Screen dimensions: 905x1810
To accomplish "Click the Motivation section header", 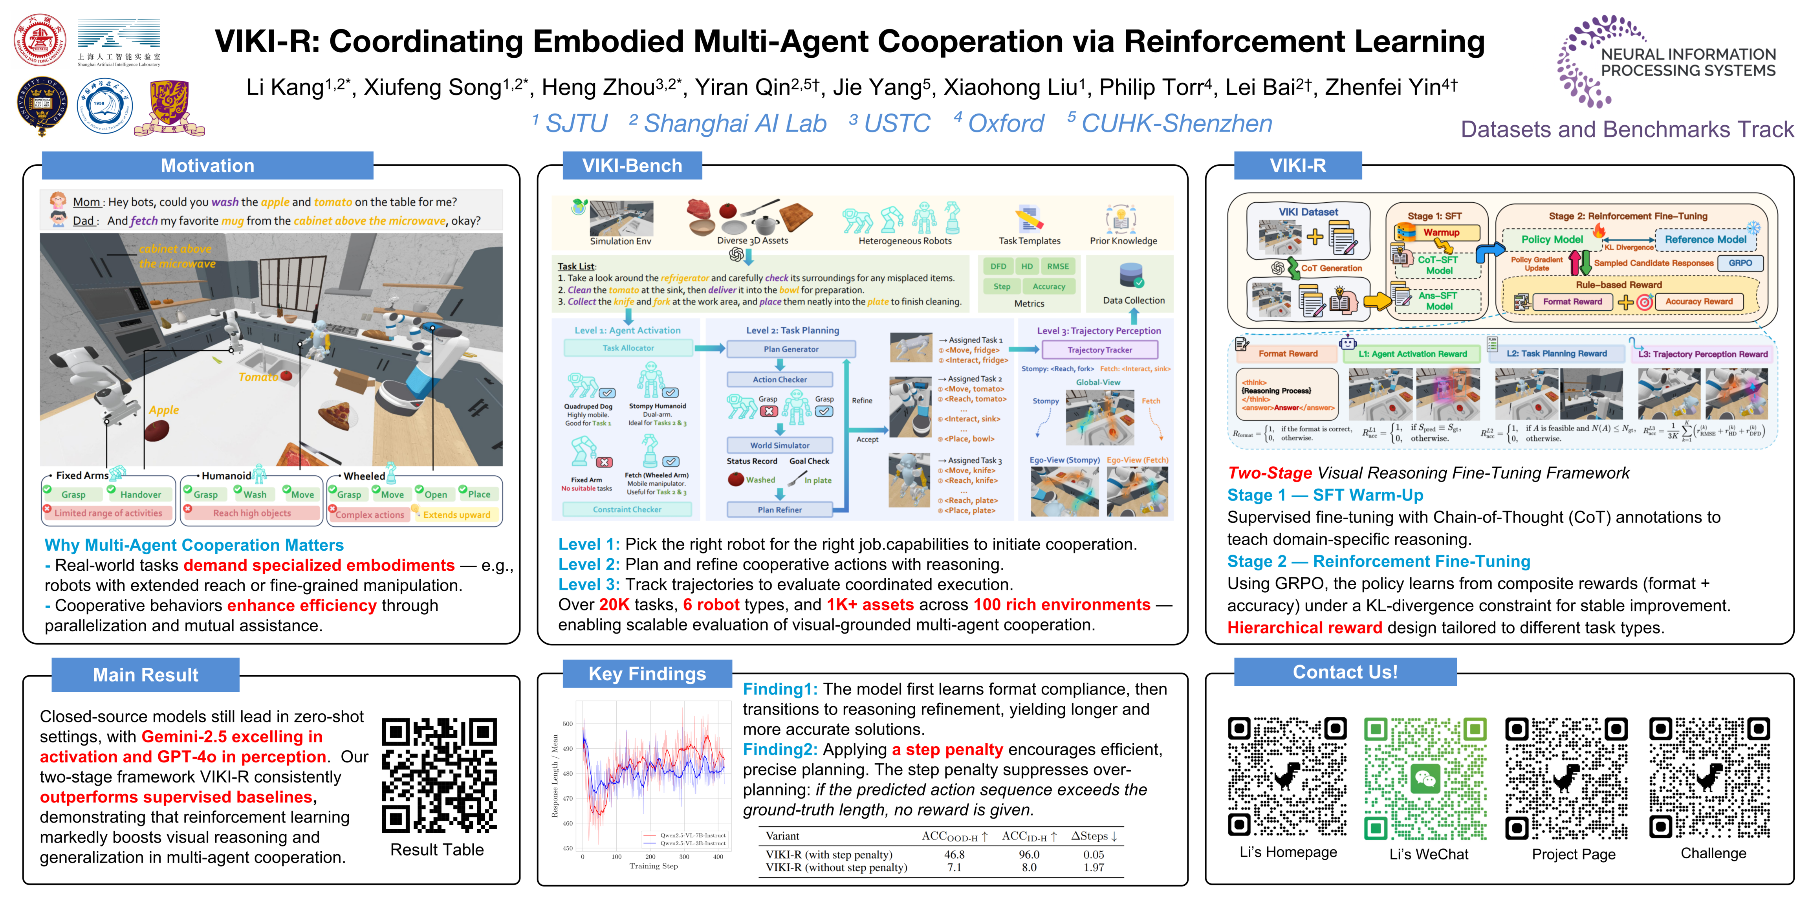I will [x=207, y=166].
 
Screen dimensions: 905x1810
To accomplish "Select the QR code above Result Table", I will [x=439, y=775].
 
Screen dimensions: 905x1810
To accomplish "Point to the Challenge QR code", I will [x=1709, y=779].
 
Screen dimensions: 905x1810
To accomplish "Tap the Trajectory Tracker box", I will [x=1100, y=350].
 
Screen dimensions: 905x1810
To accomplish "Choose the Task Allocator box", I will [x=628, y=348].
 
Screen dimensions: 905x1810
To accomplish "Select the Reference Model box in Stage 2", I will [x=1705, y=240].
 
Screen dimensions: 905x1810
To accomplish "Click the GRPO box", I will [x=1740, y=263].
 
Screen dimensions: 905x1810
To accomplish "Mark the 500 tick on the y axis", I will [x=568, y=724].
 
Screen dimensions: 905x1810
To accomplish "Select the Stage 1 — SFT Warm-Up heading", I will [x=1325, y=495].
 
